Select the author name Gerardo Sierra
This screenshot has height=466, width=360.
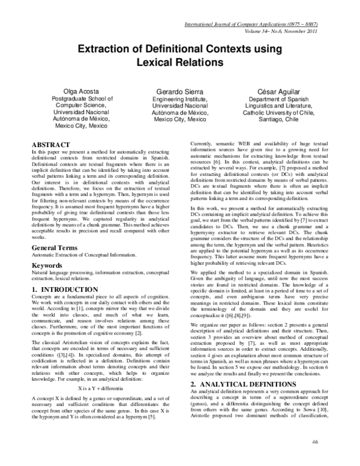[180, 89]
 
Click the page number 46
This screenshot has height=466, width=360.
[314, 443]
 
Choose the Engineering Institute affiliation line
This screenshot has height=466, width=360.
[180, 98]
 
